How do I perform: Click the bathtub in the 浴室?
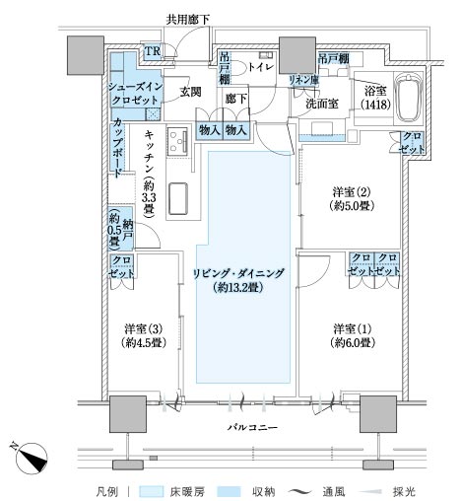[408, 98]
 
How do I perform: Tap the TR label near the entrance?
[153, 51]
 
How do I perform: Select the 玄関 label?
[190, 92]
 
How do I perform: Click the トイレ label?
[261, 67]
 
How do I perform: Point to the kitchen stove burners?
[177, 141]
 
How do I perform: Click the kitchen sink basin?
[178, 199]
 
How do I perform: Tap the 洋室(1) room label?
[353, 335]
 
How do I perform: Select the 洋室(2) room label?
[352, 198]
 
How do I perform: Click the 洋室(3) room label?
[144, 335]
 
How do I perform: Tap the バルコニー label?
[253, 427]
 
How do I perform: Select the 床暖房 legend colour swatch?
[152, 491]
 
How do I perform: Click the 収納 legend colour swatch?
[229, 491]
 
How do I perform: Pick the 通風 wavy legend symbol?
[300, 492]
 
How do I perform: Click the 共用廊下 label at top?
[187, 20]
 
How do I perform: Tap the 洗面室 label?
[322, 104]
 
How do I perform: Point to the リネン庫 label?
[303, 79]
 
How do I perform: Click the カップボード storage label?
[117, 148]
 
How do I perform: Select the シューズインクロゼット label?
[135, 94]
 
